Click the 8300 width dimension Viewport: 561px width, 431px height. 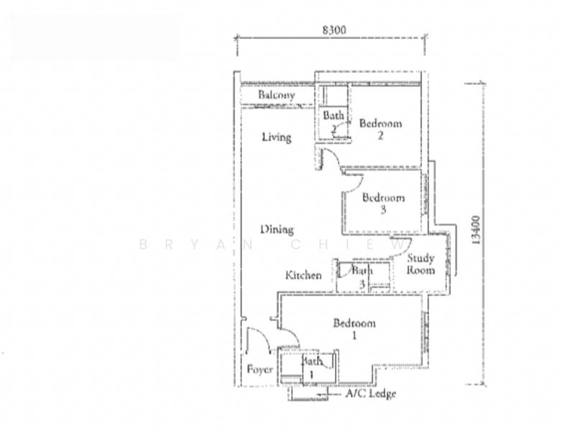(334, 30)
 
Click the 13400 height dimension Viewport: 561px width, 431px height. (476, 230)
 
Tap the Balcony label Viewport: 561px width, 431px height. (277, 95)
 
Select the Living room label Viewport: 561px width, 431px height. (277, 137)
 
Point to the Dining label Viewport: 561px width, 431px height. (277, 229)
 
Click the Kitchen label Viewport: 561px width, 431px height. (304, 275)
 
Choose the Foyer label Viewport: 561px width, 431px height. (260, 369)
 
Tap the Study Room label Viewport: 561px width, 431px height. (421, 264)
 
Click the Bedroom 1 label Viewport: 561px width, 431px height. (354, 329)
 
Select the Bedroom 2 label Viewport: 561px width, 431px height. (380, 129)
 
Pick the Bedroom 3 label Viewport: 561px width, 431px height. (383, 203)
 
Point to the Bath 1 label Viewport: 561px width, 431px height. (311, 368)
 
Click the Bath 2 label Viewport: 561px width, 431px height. (334, 122)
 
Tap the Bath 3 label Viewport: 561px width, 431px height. (362, 277)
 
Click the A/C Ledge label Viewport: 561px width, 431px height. (370, 394)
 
